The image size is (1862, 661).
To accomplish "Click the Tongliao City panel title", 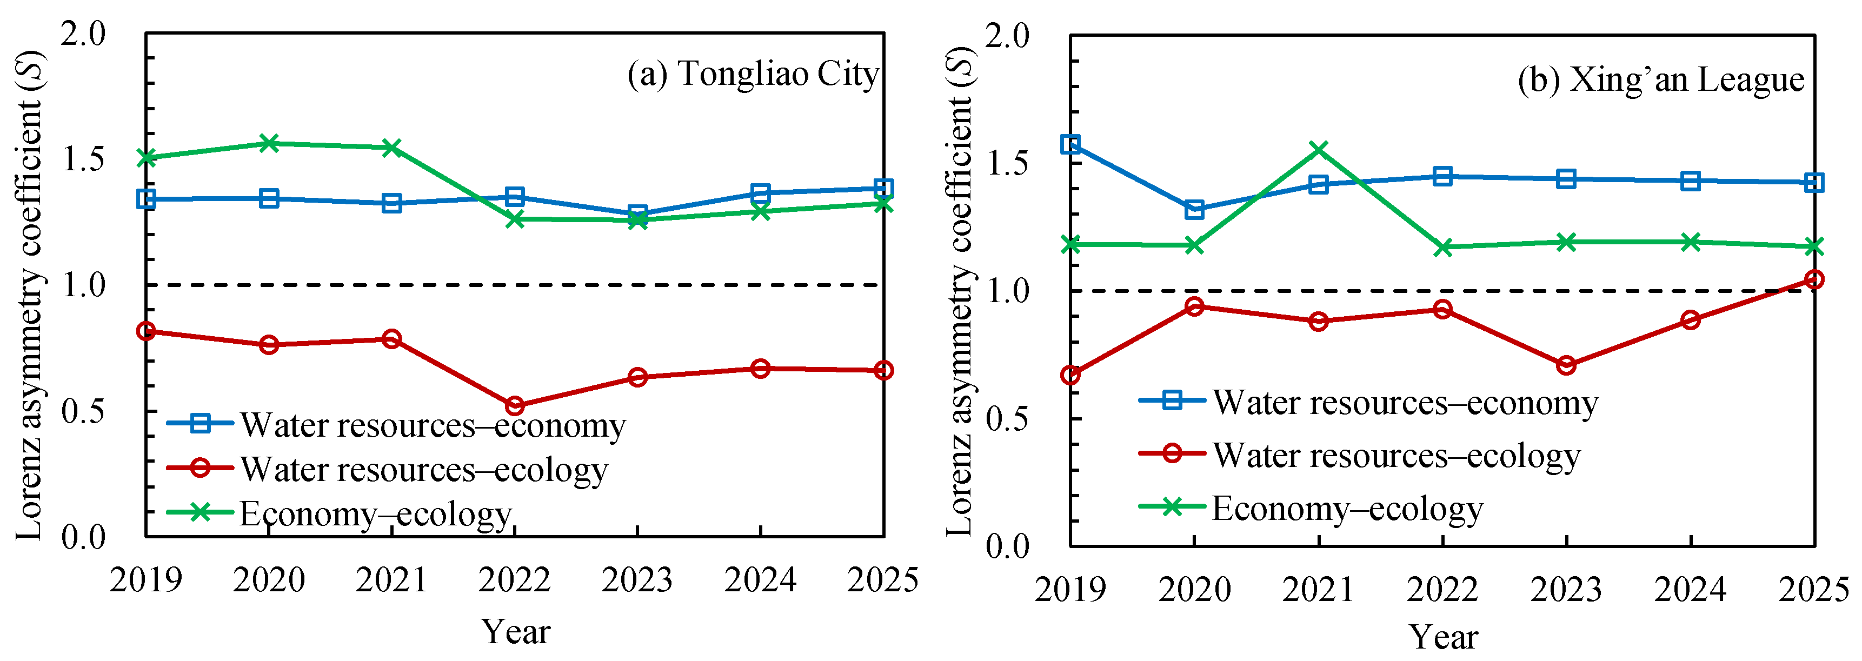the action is click(x=753, y=75).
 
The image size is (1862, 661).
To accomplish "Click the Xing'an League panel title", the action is click(x=1661, y=79).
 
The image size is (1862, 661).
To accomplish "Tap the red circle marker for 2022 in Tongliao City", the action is click(x=515, y=406).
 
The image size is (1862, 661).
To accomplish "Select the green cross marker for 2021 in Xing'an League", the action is click(x=1319, y=150).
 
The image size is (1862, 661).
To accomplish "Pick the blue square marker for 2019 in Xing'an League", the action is click(x=1070, y=144).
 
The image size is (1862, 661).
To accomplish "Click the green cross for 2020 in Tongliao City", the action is click(x=269, y=143).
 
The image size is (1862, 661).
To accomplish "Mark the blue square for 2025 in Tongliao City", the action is click(x=883, y=189).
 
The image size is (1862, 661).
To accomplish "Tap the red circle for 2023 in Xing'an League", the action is click(x=1566, y=365).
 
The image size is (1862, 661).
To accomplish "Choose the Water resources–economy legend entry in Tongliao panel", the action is click(x=396, y=425).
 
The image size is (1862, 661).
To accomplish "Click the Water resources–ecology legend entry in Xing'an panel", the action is click(x=1360, y=455).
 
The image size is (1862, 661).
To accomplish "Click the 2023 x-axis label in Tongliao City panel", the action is click(x=637, y=580).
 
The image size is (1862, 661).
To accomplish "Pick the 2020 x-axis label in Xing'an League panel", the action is click(x=1194, y=590).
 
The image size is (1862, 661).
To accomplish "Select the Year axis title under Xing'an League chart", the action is click(x=1444, y=637).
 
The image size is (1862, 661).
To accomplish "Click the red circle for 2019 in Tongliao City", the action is click(x=146, y=331).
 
